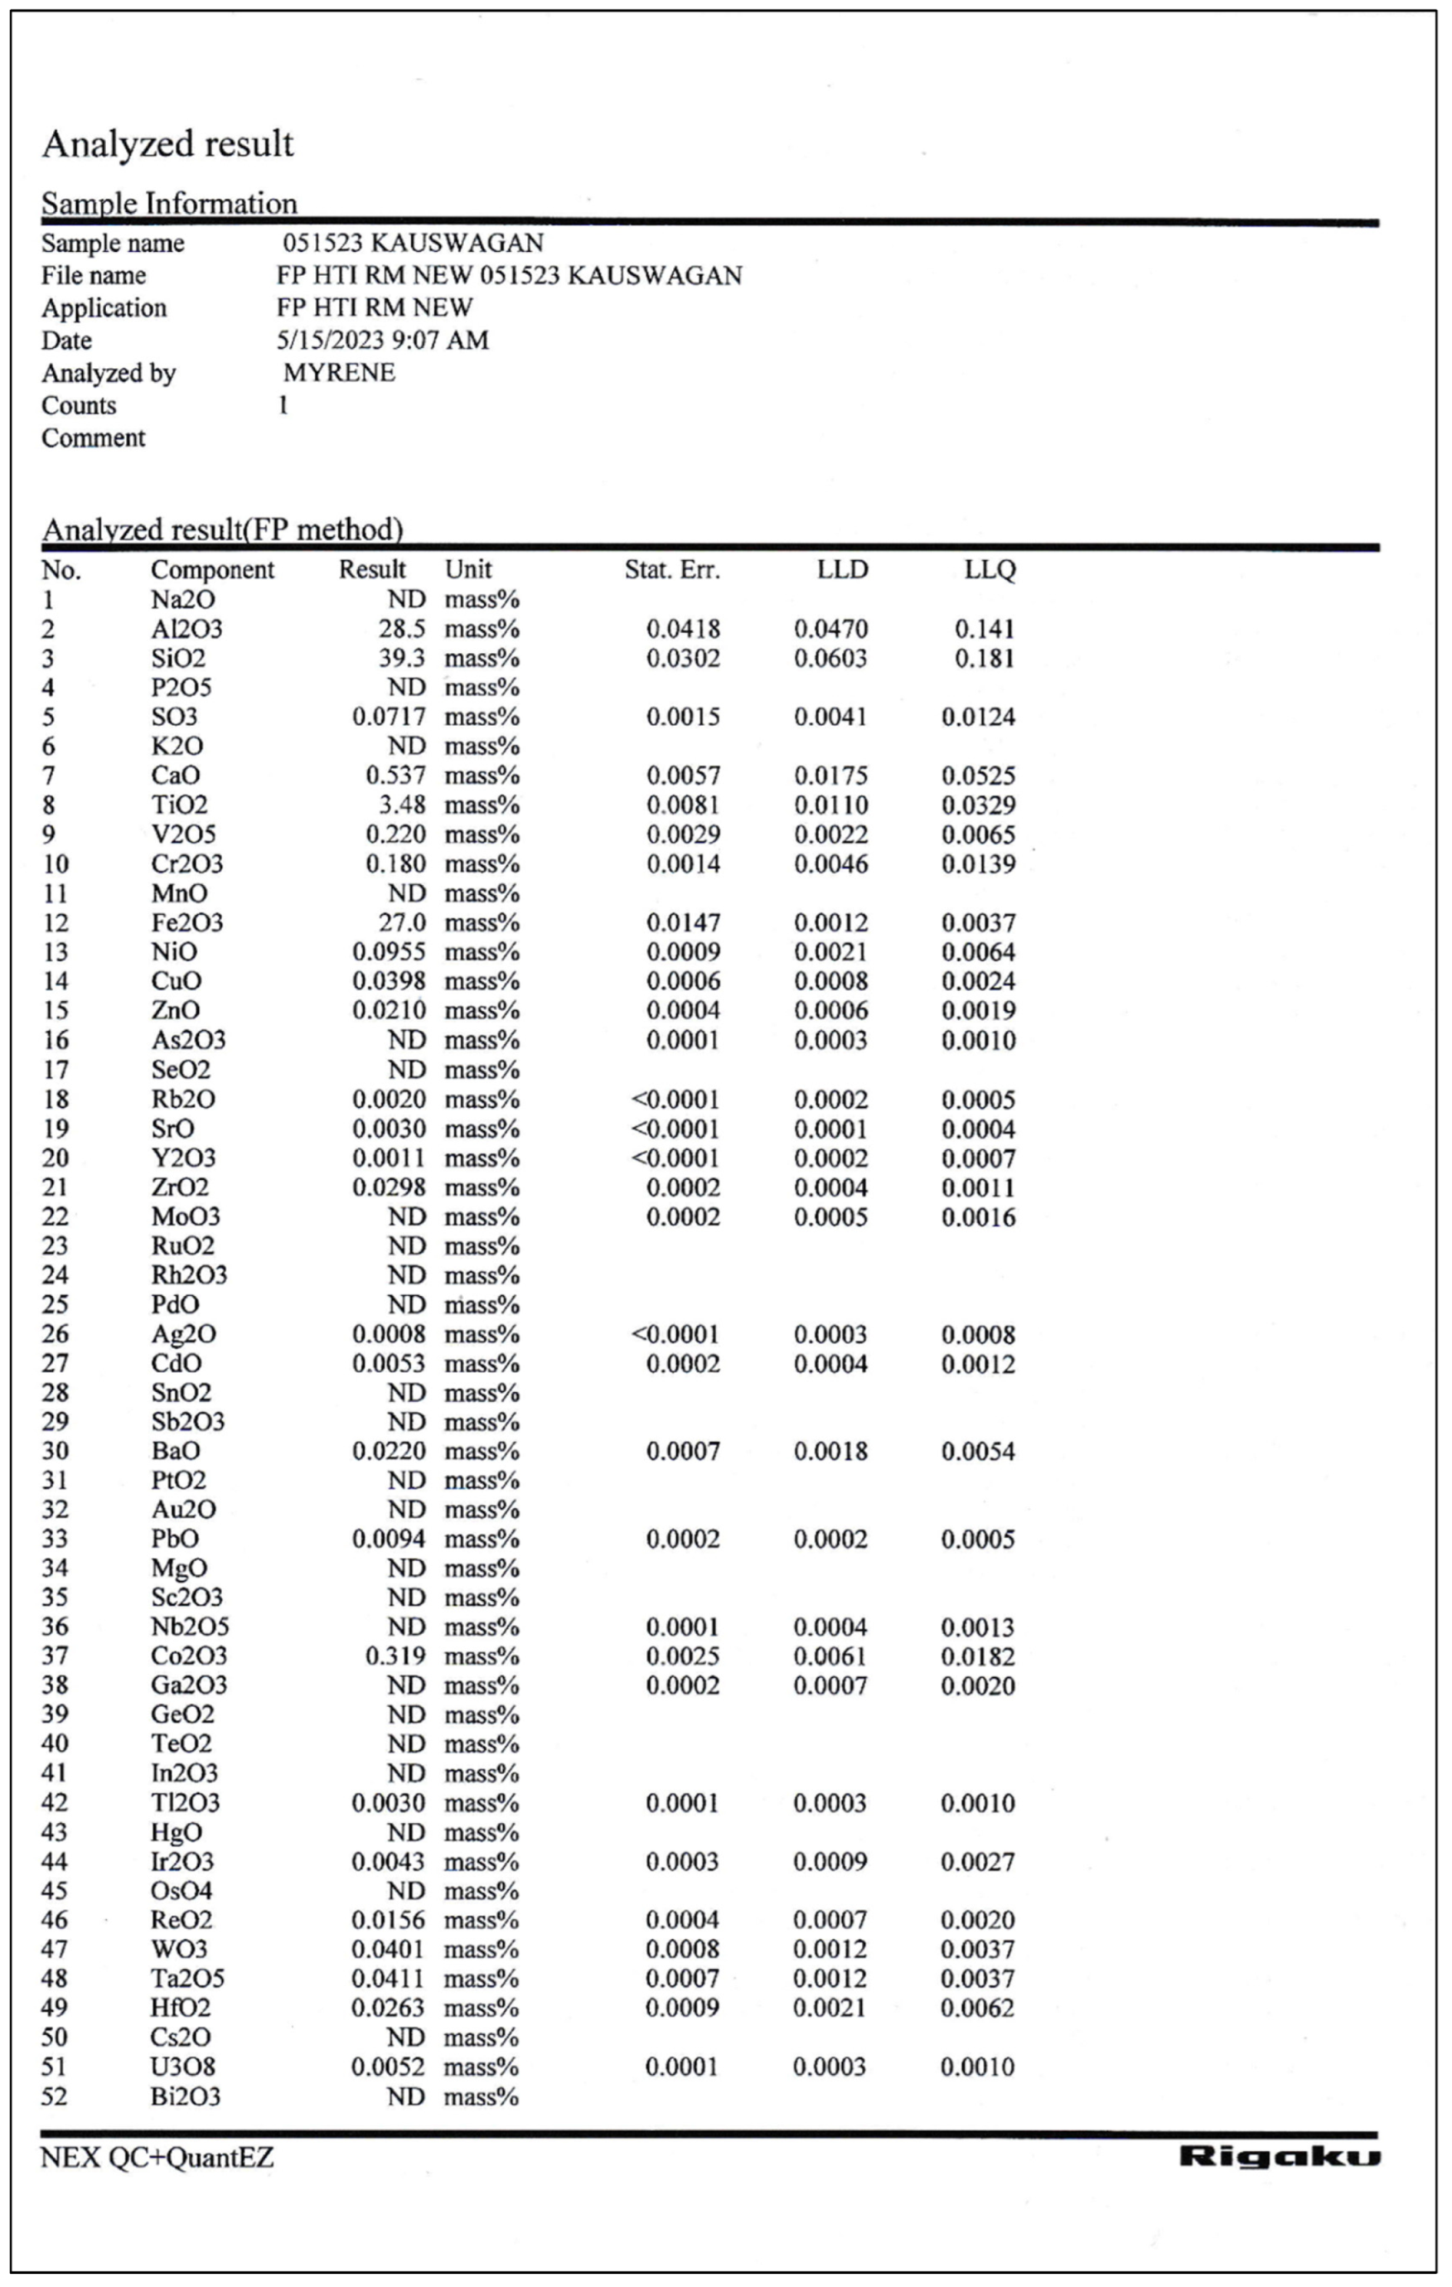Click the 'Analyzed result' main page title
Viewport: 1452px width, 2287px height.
pos(168,144)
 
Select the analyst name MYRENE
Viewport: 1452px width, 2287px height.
pos(339,372)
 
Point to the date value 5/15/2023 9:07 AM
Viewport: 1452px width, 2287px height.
pos(383,340)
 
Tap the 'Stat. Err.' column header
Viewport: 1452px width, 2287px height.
pos(671,570)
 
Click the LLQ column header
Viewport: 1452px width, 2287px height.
pos(990,570)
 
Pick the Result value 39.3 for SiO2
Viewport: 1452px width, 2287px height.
pos(402,658)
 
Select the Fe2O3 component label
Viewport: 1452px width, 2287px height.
pos(187,922)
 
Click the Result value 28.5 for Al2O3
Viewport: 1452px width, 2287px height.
pos(402,629)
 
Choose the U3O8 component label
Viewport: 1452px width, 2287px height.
pos(184,2067)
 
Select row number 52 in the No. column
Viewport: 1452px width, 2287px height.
pos(54,2096)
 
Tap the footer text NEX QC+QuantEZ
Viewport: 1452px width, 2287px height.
pos(157,2158)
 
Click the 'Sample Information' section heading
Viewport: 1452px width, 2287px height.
pos(169,203)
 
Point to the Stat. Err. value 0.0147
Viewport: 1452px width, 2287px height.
pos(683,922)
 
